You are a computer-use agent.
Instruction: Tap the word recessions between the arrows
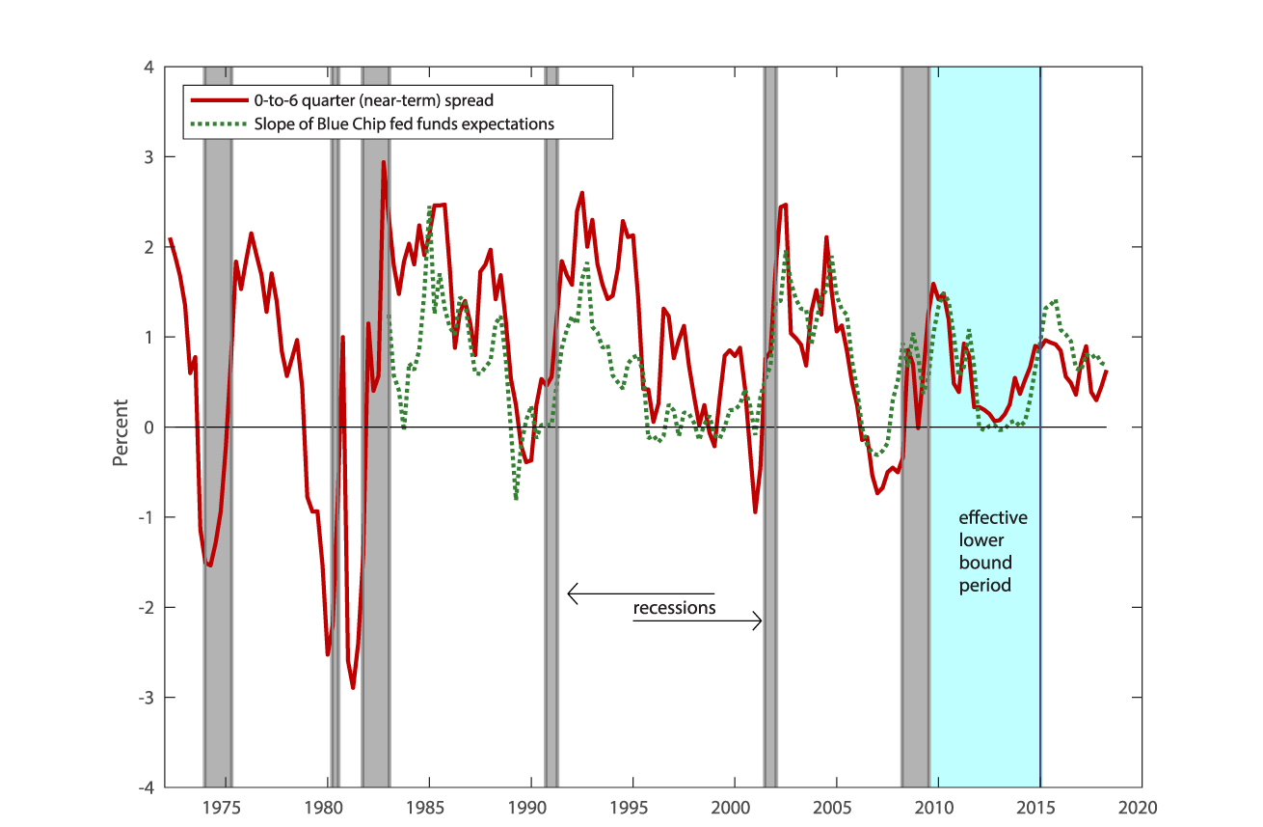click(x=674, y=608)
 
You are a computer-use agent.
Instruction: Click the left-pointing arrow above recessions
click(x=573, y=593)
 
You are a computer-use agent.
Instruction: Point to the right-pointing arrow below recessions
click(x=757, y=622)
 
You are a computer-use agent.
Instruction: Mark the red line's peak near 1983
click(x=383, y=162)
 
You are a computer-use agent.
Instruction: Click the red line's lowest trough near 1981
click(x=353, y=687)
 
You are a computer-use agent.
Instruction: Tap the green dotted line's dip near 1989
click(x=517, y=498)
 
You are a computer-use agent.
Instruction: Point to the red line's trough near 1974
click(x=210, y=565)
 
